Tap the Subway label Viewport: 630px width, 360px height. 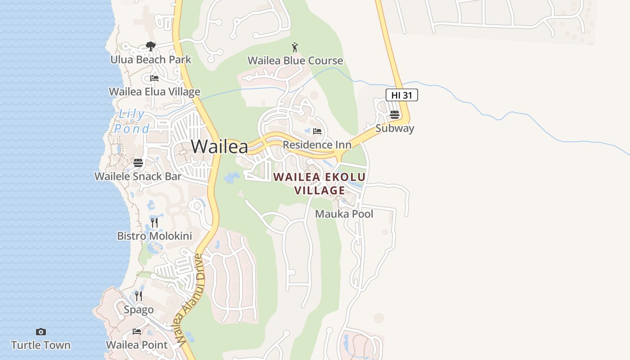tap(395, 128)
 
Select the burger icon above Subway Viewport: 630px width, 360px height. tap(395, 115)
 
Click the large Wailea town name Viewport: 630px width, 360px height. tap(220, 147)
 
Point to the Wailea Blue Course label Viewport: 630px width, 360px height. tap(295, 61)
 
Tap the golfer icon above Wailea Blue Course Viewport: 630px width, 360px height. tap(295, 47)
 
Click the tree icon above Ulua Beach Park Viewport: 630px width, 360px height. tap(151, 46)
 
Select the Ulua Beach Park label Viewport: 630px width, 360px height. tap(151, 59)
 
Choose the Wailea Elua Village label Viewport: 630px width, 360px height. tap(154, 92)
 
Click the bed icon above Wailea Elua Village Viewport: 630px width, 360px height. tap(154, 78)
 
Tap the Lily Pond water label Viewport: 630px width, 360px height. tap(131, 121)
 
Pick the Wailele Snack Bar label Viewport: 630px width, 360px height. tap(138, 176)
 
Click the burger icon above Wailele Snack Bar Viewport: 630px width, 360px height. tap(138, 162)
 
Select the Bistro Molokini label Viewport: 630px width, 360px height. tap(154, 236)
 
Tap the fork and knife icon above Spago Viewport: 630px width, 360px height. tap(139, 296)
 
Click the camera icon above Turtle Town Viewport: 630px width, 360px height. tap(41, 332)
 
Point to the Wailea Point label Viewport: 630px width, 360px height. tap(137, 345)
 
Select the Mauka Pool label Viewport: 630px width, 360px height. tap(344, 214)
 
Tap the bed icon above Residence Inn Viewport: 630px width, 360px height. tap(317, 131)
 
